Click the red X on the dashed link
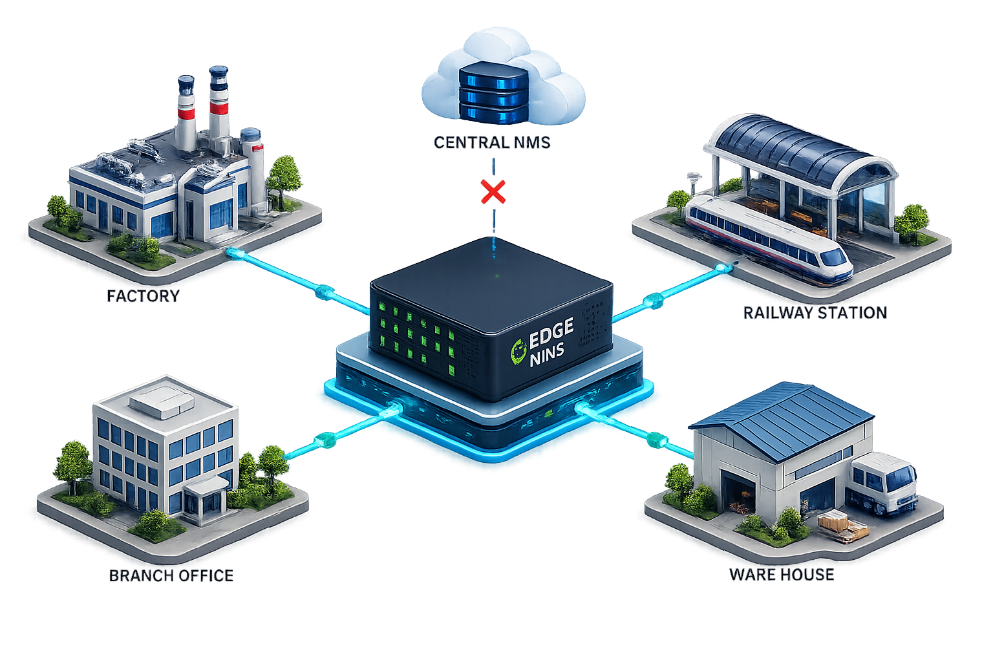click(493, 192)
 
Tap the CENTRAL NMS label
click(492, 143)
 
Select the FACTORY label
click(143, 296)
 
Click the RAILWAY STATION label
click(815, 313)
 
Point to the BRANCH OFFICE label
click(171, 575)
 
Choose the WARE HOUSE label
click(782, 575)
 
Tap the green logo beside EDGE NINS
click(518, 352)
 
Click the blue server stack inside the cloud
click(493, 92)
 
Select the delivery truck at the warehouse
click(882, 484)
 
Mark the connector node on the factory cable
click(325, 292)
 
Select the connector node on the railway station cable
click(654, 301)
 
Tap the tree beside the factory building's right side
click(284, 180)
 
